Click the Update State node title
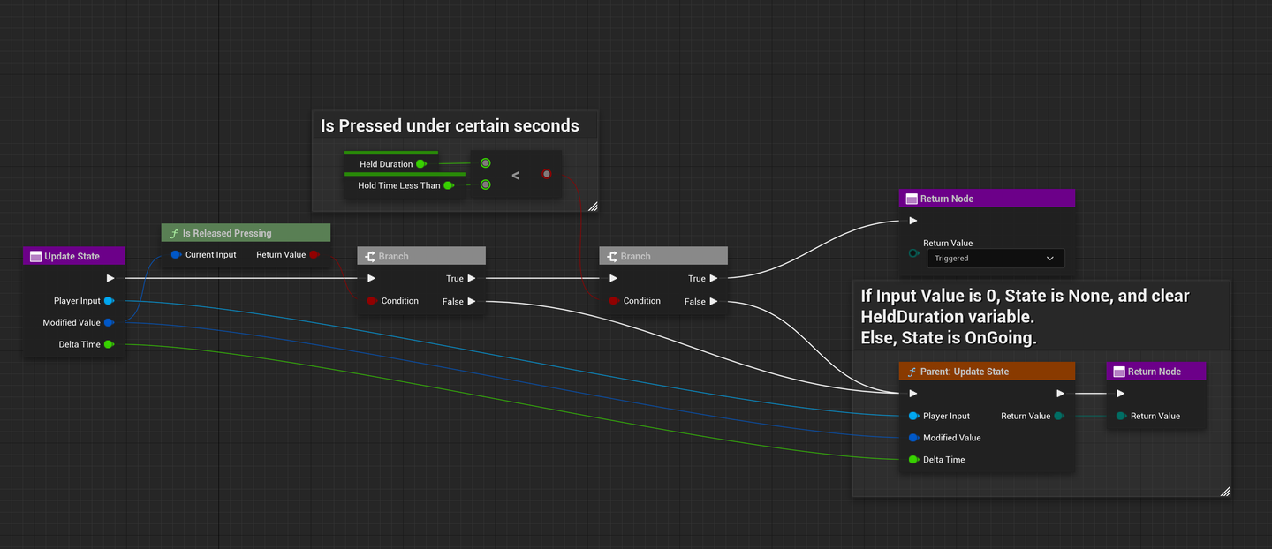click(72, 256)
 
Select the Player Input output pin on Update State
click(109, 301)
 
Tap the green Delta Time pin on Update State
click(109, 344)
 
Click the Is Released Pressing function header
click(227, 233)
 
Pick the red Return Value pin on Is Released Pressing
click(314, 255)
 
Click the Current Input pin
click(176, 255)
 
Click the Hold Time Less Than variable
click(398, 185)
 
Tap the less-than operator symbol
click(516, 176)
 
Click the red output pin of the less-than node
click(547, 174)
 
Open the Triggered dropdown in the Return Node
click(995, 259)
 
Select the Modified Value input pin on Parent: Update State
click(913, 438)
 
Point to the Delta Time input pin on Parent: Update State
click(913, 460)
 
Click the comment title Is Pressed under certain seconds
click(450, 126)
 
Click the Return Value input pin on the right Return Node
click(1120, 416)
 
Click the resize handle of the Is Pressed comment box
click(593, 207)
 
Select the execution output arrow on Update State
click(110, 279)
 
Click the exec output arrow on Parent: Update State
click(1060, 394)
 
